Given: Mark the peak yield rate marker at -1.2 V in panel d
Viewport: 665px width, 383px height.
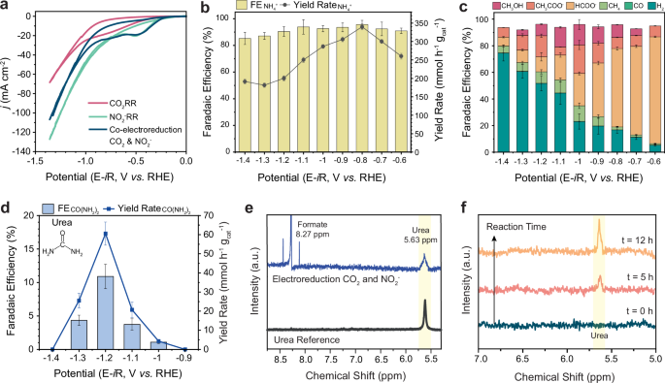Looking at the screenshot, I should (x=105, y=234).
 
